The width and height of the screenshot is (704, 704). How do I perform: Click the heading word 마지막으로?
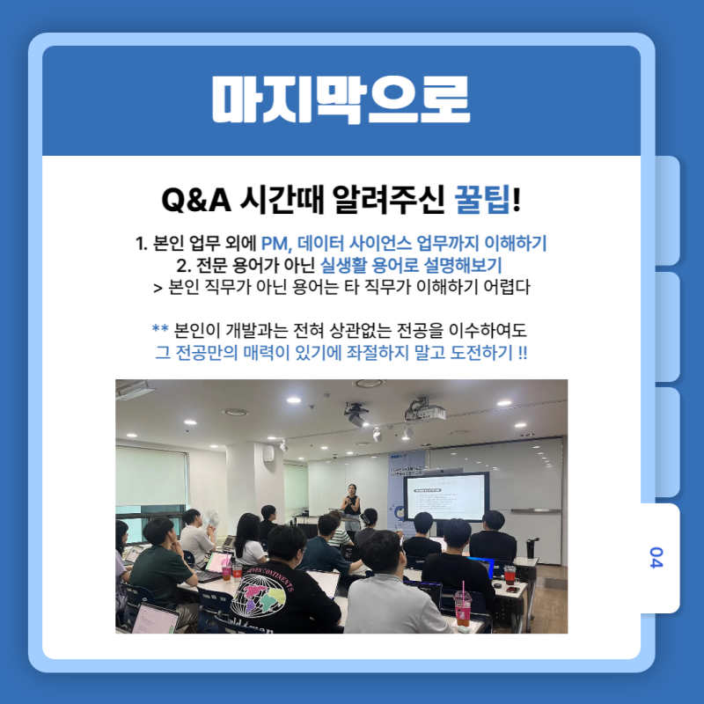tap(341, 99)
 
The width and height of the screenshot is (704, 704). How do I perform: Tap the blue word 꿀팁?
tap(482, 200)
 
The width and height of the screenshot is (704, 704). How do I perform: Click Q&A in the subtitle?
tap(196, 200)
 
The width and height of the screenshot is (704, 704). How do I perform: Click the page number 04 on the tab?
tap(656, 557)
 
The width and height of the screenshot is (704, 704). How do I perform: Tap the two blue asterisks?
tap(160, 328)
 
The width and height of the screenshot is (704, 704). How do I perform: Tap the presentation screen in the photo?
tap(446, 497)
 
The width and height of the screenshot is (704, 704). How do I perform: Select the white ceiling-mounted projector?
tap(425, 410)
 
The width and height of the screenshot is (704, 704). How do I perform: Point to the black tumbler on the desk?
tap(532, 547)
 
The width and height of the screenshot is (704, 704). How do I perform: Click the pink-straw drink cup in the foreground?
tap(463, 607)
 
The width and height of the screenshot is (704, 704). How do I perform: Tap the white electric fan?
tap(209, 521)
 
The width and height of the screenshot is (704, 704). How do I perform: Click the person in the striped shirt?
tap(339, 530)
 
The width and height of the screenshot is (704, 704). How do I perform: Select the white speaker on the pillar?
tap(268, 453)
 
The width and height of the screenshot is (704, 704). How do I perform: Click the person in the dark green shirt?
tap(163, 566)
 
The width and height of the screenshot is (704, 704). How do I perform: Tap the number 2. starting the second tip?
tap(184, 266)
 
